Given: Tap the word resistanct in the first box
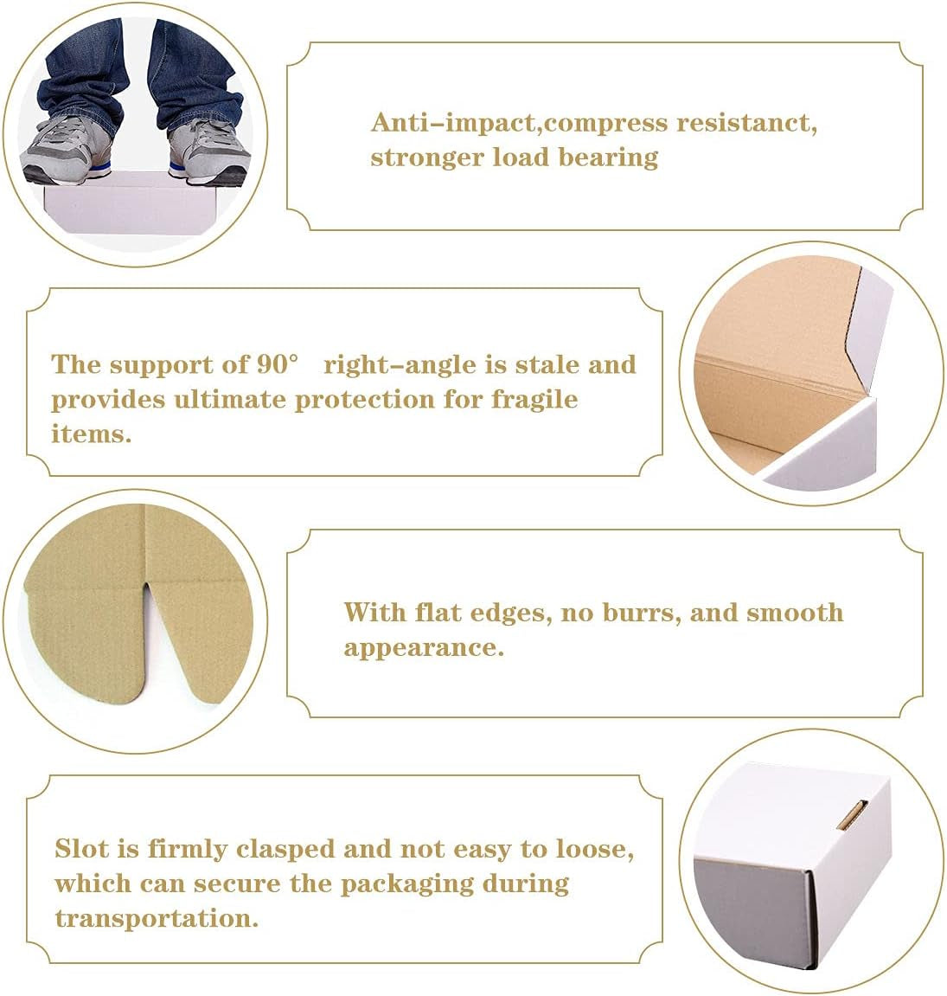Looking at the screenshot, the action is point(745,123).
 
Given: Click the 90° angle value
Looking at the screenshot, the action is point(278,364).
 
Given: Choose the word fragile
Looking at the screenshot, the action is point(534,400).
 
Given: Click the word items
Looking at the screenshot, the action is point(91,434).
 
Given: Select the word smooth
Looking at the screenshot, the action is point(795,613).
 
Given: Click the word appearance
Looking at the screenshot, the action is point(424,648).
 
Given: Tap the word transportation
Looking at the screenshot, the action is point(157,918).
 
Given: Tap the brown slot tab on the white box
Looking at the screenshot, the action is point(851,816).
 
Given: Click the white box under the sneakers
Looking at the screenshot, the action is point(131,202).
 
